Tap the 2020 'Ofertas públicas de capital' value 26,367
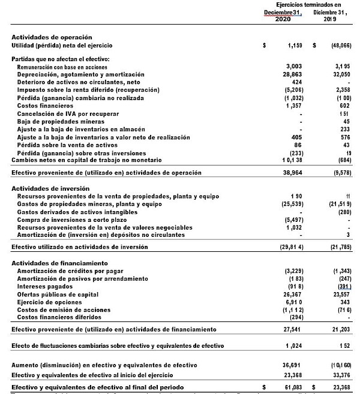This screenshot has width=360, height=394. coord(292,295)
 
